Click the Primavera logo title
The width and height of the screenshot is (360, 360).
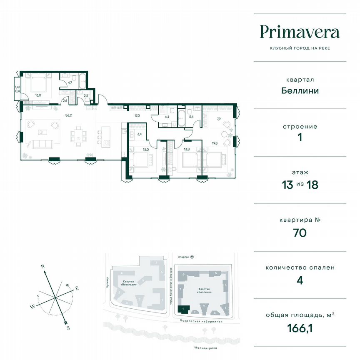300,32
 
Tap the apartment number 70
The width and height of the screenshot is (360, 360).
300,232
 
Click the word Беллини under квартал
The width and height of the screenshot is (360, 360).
300,90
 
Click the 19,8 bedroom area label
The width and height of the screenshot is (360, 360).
215,143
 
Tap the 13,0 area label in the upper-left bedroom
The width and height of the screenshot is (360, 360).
38,95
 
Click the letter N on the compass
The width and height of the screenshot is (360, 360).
42,265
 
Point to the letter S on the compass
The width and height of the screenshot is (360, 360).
68,328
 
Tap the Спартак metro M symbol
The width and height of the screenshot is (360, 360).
192,257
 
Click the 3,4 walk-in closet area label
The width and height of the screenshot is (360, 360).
140,134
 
